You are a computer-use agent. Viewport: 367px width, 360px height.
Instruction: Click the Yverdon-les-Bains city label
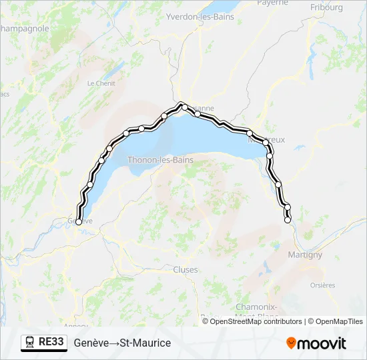(200, 17)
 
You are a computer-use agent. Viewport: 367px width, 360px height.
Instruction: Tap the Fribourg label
(326, 7)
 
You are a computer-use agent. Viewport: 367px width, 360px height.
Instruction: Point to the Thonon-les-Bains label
(160, 160)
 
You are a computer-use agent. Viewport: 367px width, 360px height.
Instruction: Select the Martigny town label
(305, 255)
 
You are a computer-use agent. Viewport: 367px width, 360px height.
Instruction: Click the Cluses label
(185, 269)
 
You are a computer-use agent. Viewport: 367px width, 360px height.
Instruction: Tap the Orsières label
(323, 285)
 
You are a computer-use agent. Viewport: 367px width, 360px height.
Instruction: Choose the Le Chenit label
(101, 83)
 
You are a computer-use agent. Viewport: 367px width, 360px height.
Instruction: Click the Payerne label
(272, 3)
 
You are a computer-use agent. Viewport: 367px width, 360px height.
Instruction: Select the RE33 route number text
(51, 343)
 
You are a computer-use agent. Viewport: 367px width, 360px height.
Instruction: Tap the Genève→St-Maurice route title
(122, 343)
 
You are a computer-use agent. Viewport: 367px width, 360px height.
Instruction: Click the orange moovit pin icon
(291, 343)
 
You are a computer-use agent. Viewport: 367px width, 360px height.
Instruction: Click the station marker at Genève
(79, 223)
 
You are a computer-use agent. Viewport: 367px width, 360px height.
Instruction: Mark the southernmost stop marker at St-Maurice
(288, 219)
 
